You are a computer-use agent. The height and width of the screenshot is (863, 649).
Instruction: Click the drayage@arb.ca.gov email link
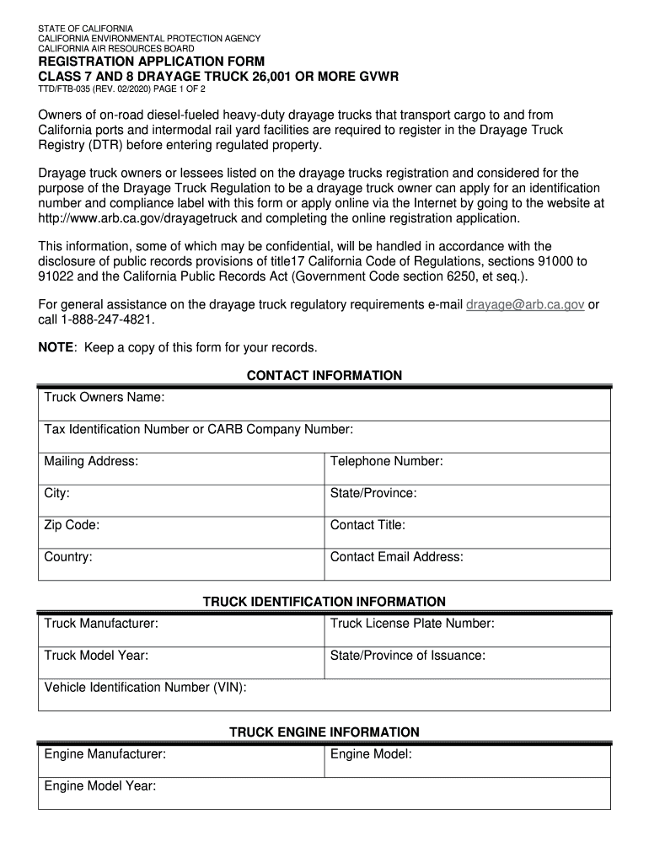pos(525,305)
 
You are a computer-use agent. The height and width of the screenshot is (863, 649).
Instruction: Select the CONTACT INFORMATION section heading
pos(324,375)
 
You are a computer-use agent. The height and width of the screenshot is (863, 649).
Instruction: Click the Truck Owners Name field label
pos(104,397)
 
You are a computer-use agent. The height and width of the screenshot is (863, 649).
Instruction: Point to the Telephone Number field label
pos(386,461)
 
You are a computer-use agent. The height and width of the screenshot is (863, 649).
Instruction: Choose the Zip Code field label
pos(72,525)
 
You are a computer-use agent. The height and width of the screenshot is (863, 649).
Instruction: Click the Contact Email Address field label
pos(396,557)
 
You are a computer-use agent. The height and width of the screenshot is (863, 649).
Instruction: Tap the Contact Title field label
pos(367,525)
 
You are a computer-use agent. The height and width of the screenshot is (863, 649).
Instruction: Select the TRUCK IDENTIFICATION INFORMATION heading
pos(324,602)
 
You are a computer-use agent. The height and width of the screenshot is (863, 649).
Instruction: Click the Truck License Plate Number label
pos(412,624)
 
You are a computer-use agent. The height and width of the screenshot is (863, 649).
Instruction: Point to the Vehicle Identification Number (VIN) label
pos(145,688)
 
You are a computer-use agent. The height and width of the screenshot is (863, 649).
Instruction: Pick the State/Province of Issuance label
pos(407,656)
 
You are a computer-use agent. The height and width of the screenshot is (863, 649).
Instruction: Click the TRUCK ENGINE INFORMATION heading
pos(324,732)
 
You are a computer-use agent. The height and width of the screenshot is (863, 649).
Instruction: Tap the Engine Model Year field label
pos(100,785)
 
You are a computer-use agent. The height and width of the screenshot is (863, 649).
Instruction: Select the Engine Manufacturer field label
pos(105,754)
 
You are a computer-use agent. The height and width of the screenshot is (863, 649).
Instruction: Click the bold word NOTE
pos(56,347)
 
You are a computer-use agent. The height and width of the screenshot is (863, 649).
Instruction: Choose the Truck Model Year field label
pos(96,656)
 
